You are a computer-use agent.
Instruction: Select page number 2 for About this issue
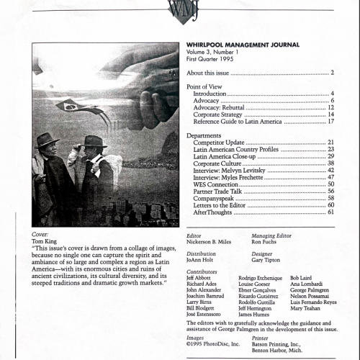point(332,73)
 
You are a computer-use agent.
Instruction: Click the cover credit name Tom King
point(45,241)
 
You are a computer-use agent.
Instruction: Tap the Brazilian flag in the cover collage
point(71,107)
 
